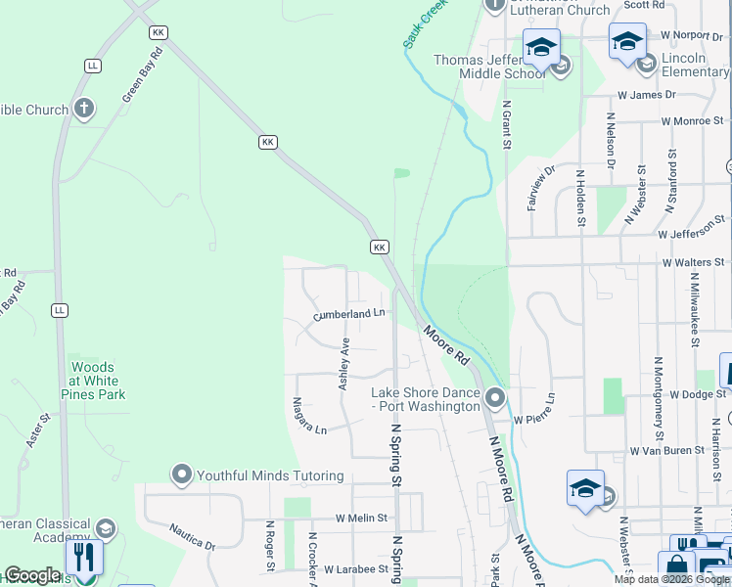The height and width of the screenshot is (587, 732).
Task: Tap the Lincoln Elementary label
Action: coord(695,65)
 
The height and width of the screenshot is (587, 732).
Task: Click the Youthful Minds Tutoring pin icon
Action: coord(181,475)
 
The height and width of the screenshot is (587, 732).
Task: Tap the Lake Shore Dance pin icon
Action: coord(495,398)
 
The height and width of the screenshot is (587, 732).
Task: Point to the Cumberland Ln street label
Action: coord(349,314)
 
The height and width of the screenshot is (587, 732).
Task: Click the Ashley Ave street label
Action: coord(344,365)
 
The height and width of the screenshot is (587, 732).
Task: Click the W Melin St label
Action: coord(361,518)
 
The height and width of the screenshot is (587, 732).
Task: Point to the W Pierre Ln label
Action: coord(534,410)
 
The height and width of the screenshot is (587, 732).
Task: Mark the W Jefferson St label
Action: coord(691,235)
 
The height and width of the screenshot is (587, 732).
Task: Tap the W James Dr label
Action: coord(646,95)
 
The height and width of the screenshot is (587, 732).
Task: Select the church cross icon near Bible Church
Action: coord(84,109)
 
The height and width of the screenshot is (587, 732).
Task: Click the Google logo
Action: coord(32,575)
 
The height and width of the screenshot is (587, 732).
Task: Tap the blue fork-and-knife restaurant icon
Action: coord(84,558)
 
